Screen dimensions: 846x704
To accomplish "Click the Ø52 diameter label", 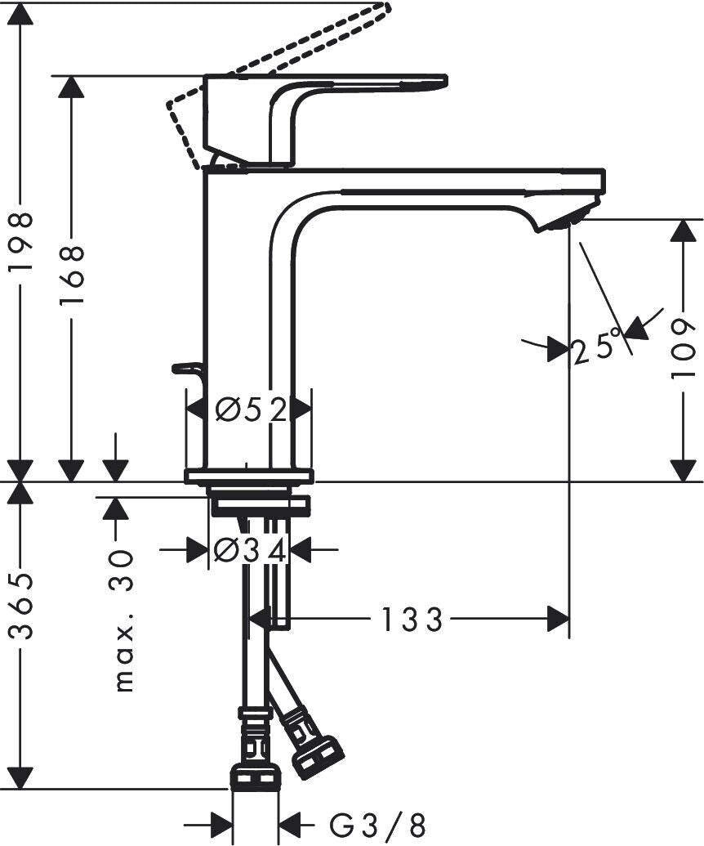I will (251, 410).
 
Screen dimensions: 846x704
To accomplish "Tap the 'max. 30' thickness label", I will (123, 620).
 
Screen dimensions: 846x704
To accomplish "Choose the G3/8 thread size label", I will (377, 825).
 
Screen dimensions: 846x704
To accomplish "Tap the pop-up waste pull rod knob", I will (186, 369).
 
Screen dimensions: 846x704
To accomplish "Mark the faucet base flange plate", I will (249, 476).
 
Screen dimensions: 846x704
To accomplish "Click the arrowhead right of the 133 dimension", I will (558, 619).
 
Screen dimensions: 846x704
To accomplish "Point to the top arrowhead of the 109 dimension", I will (684, 231).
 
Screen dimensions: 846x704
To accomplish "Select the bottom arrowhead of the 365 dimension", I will (24, 778).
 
